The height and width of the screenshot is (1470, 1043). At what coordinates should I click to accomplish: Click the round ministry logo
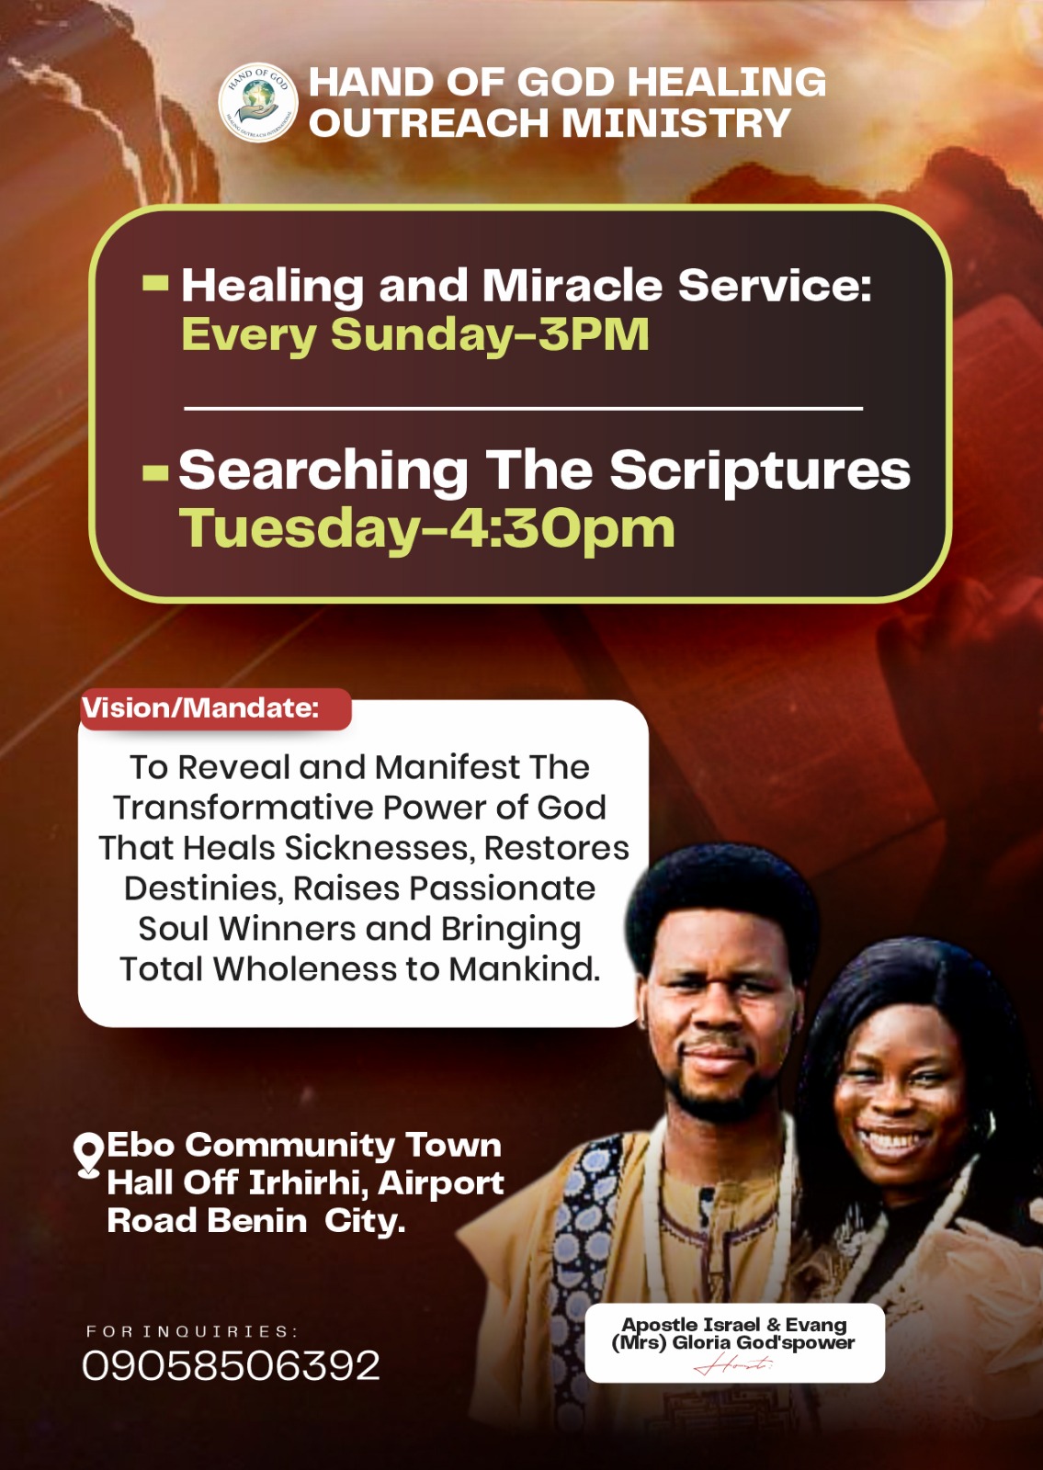coord(258,102)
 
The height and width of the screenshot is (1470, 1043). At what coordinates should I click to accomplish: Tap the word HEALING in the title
coord(726,82)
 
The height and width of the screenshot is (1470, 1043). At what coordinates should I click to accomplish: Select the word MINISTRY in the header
coord(676,123)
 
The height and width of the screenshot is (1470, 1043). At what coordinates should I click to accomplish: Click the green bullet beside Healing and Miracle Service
coord(155,283)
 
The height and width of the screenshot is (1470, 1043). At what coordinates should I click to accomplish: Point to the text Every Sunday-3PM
coord(414,334)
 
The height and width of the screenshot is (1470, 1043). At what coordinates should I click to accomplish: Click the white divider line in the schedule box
coord(523,409)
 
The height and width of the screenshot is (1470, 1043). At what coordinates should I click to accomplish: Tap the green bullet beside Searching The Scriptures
coord(155,473)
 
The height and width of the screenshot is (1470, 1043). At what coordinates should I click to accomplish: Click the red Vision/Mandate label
coord(215,708)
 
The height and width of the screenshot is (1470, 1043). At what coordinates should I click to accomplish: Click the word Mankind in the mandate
coord(525,969)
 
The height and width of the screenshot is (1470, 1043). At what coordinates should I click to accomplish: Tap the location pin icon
coord(88,1156)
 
